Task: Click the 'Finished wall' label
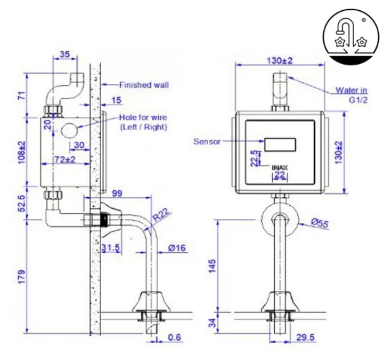coord(143,85)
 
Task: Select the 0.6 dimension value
coord(174,338)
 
